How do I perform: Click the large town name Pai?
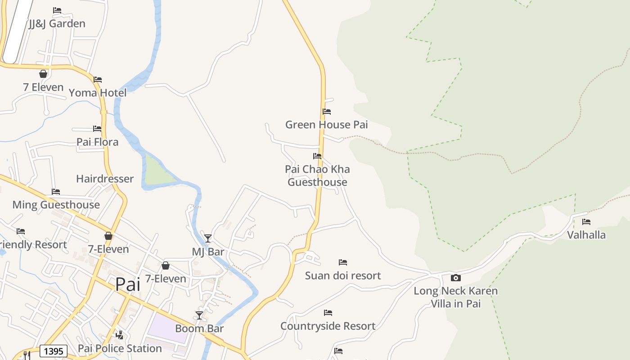pos(128,284)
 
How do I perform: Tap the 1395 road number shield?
pos(54,351)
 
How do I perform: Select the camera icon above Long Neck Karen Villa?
pos(456,278)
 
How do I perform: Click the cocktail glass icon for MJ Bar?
pos(207,238)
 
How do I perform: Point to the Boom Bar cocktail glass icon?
pos(199,315)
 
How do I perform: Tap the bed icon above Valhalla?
pos(586,221)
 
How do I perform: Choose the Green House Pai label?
pos(327,125)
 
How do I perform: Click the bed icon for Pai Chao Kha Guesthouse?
pos(317,156)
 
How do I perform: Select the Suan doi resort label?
pos(343,275)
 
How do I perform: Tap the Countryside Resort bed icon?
pos(328,312)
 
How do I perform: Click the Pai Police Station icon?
pos(119,335)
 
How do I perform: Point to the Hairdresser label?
pos(105,179)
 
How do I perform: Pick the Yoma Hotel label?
pos(98,93)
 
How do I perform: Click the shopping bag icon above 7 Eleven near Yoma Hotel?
pos(44,74)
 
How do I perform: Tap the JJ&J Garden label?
pos(57,23)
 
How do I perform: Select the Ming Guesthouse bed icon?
pos(56,192)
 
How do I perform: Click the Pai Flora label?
pos(98,142)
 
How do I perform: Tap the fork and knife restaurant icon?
pos(27,355)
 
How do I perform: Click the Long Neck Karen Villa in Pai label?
pos(456,297)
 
